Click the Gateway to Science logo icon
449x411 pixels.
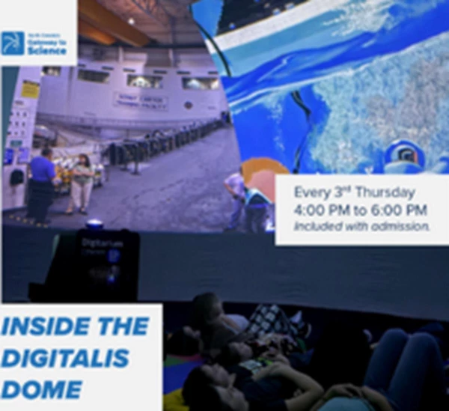pos(13,43)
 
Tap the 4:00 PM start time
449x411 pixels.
pos(320,210)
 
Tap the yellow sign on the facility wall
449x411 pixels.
pos(30,89)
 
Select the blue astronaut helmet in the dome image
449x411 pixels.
pos(403,157)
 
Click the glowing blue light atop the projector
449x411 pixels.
pos(95,223)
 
